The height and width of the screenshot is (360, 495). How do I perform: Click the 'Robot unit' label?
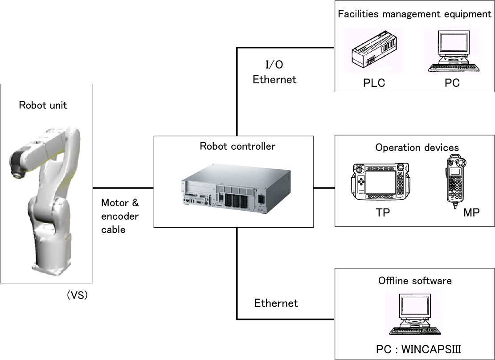43,106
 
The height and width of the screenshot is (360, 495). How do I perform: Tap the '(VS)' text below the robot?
77,295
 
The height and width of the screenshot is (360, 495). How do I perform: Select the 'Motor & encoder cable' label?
120,216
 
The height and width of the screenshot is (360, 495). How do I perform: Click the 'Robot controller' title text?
237,146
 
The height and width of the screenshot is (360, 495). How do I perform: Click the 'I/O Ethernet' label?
274,72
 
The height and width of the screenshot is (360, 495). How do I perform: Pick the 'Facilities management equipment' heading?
414,14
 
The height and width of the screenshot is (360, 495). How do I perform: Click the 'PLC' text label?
373,83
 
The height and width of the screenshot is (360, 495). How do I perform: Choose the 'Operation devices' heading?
417,147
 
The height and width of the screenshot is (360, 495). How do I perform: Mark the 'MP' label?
471,213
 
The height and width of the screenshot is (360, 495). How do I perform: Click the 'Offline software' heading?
414,281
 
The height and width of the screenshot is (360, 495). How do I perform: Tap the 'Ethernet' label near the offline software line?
276,303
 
